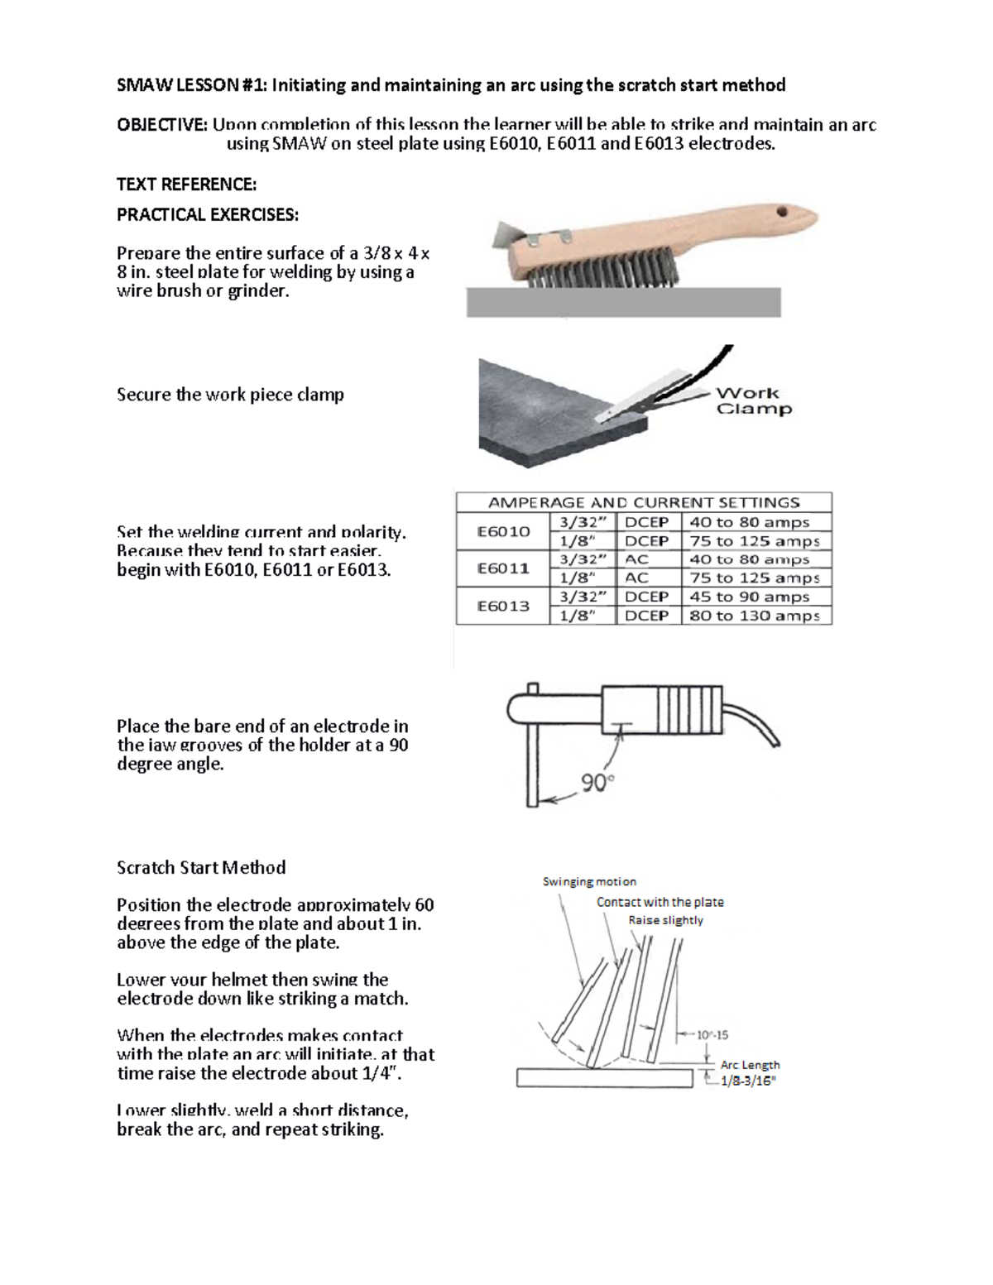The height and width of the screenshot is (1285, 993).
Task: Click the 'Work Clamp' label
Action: click(x=753, y=401)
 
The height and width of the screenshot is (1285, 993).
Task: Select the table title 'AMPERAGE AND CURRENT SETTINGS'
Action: click(x=644, y=502)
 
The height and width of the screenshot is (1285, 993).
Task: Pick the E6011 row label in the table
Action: click(x=503, y=568)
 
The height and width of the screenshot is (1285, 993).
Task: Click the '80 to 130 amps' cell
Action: click(x=755, y=616)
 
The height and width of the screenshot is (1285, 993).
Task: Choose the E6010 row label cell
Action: click(x=503, y=531)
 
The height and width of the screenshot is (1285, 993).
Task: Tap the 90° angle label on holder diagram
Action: click(x=597, y=781)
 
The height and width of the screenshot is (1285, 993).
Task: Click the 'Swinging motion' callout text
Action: click(x=589, y=881)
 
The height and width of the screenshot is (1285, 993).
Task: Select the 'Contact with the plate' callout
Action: click(x=660, y=902)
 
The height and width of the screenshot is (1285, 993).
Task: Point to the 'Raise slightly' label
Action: click(x=665, y=920)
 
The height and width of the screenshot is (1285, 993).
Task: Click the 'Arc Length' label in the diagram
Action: click(x=750, y=1065)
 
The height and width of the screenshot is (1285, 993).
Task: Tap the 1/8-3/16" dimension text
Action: click(x=748, y=1081)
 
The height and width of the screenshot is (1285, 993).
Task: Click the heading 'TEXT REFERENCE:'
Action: click(x=186, y=184)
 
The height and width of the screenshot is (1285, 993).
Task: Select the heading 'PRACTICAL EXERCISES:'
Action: click(x=207, y=214)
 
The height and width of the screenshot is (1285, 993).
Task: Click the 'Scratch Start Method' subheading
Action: click(x=201, y=867)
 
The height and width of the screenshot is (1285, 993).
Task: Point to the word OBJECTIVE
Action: click(x=162, y=125)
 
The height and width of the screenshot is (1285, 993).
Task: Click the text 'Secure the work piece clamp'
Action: click(x=230, y=395)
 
